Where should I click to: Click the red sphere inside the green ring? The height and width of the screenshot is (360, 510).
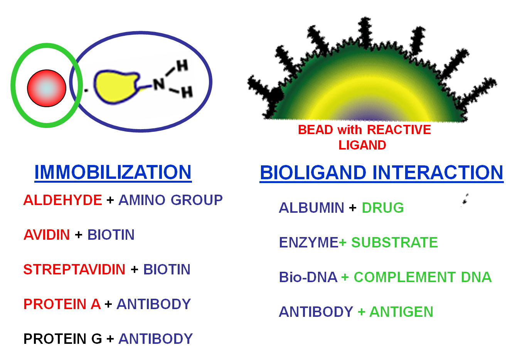tap(47, 88)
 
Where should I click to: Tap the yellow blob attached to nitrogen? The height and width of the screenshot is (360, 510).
tap(116, 86)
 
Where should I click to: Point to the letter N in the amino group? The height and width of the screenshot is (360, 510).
tap(159, 84)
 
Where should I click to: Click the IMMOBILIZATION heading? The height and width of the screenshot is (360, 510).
tap(113, 172)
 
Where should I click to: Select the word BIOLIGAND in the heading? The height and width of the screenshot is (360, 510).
tap(313, 172)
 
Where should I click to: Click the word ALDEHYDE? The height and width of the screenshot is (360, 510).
tap(62, 200)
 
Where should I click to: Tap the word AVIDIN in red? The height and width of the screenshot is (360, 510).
tap(47, 235)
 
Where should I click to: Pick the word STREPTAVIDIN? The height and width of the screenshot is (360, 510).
tap(74, 269)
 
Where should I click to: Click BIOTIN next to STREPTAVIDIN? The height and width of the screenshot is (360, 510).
tap(167, 269)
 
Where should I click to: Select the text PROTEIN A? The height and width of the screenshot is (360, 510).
tap(62, 304)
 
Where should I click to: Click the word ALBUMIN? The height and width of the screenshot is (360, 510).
tap(311, 208)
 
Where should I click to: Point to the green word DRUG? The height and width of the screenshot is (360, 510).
tap(383, 208)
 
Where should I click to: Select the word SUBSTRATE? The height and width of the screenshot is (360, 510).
tap(395, 242)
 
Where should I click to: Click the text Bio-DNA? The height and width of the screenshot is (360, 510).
tap(308, 277)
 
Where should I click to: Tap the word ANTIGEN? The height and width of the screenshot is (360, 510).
tap(401, 312)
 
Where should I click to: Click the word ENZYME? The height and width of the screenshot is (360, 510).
tap(308, 242)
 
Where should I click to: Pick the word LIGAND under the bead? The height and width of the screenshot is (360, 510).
tap(362, 145)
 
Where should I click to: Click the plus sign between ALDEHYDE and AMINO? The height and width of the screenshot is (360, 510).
tap(110, 200)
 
